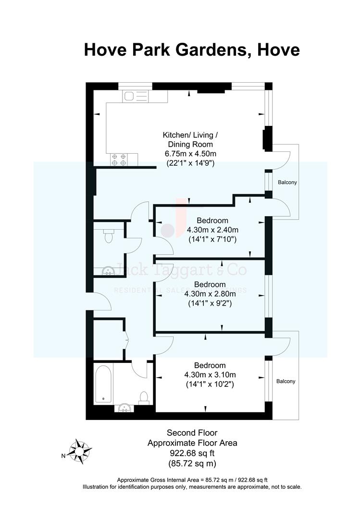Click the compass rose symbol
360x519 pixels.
(80, 451)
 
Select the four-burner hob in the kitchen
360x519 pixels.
(119, 160)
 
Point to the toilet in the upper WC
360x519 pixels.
(109, 235)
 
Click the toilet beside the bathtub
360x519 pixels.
(143, 397)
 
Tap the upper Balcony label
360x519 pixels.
(287, 183)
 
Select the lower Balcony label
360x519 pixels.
(286, 381)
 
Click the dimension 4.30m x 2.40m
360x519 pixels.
(212, 229)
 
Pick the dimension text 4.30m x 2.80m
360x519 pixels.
(212, 294)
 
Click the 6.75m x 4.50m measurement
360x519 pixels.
(190, 154)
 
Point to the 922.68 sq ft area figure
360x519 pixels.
(192, 453)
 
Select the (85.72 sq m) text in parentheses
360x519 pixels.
(192, 464)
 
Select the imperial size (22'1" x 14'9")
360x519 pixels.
(190, 163)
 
